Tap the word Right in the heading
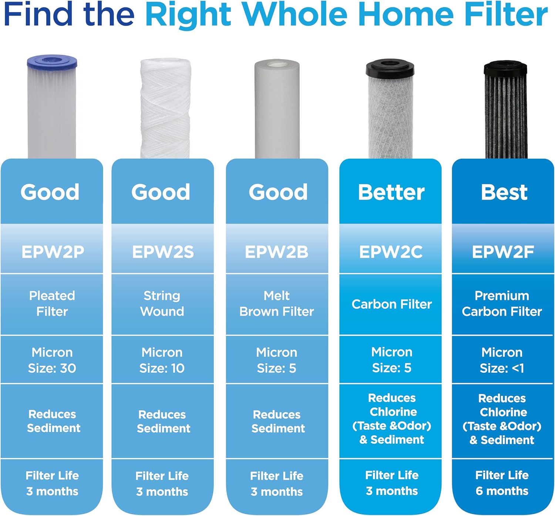pyautogui.click(x=188, y=16)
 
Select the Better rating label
pyautogui.click(x=391, y=192)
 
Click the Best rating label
pyautogui.click(x=504, y=192)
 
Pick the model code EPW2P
pyautogui.click(x=53, y=252)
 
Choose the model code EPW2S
pyautogui.click(x=163, y=252)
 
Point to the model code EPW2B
pyautogui.click(x=276, y=252)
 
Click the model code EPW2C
pyautogui.click(x=391, y=252)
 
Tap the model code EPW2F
pyautogui.click(x=503, y=252)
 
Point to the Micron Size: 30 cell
pyautogui.click(x=52, y=360)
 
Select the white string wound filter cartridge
pyautogui.click(x=165, y=109)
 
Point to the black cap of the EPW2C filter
pyautogui.click(x=390, y=68)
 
